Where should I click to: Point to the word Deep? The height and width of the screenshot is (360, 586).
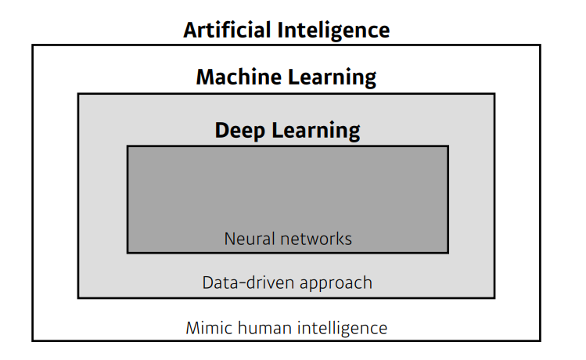241,130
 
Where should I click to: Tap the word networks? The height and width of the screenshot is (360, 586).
314,238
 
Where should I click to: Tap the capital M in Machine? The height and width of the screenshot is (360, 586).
204,77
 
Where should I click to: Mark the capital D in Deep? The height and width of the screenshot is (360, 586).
222,130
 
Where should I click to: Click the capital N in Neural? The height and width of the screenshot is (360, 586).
229,238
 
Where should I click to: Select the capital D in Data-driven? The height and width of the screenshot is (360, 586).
207,282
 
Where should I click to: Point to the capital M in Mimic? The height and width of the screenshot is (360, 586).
192,327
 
